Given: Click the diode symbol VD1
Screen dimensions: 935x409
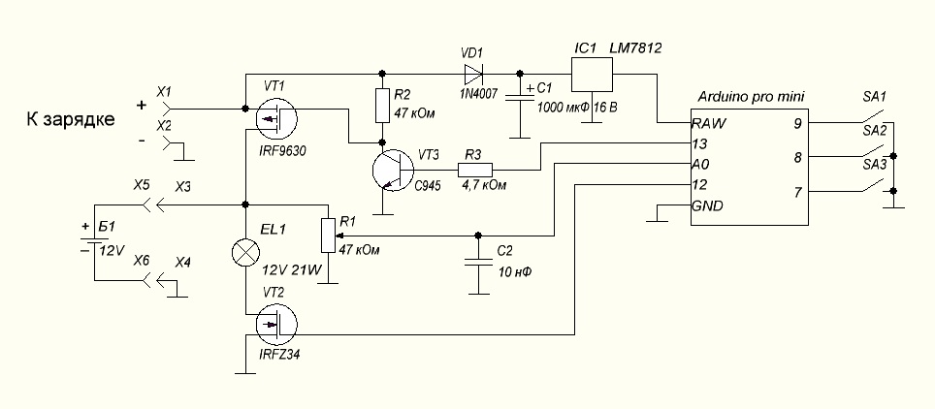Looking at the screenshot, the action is pos(472,74).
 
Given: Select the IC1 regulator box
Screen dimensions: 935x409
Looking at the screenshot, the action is pos(592,76).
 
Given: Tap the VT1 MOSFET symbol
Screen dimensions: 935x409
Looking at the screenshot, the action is pos(276,117).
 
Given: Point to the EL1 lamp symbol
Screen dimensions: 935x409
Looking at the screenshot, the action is pos(245,252).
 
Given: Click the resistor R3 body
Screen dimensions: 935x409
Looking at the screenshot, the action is pos(475,170).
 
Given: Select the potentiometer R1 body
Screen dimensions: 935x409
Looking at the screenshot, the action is pos(328,235).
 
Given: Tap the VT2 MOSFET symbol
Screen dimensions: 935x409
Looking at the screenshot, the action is pos(276,326).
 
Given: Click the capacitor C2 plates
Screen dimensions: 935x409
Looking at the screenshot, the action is pos(476,263).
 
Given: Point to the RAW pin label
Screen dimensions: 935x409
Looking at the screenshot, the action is pos(709,124).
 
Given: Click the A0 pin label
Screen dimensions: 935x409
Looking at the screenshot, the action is pos(700,164).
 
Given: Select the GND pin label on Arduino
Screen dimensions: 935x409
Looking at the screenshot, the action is pos(708,206).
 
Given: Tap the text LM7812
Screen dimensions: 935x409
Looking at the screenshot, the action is pos(635,48).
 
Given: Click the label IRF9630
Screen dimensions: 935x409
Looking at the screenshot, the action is pos(283,151).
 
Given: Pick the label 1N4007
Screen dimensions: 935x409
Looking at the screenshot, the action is pos(478,94).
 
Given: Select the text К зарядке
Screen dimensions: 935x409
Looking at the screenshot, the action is pos(71,119).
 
